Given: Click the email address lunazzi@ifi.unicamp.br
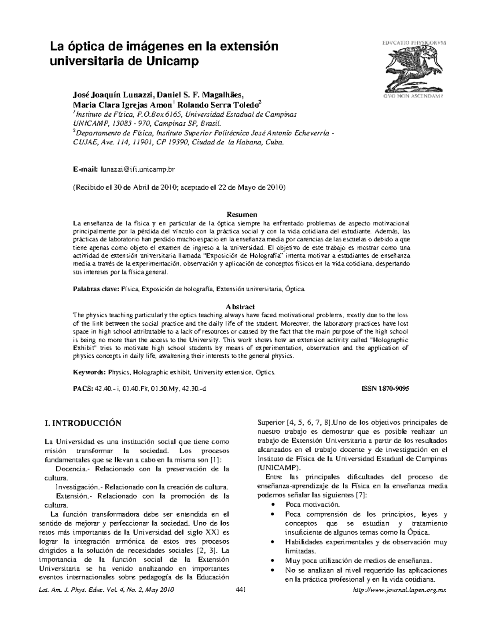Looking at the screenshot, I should point(138,170).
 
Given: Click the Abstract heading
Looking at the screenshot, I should point(240,307).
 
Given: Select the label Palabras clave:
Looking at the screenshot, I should point(95,289).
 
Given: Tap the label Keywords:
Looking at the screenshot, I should point(89,372).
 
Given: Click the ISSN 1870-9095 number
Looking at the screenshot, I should point(385,389).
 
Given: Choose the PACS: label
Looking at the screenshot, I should point(83,389).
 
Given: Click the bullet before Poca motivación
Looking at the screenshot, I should point(273,505).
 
